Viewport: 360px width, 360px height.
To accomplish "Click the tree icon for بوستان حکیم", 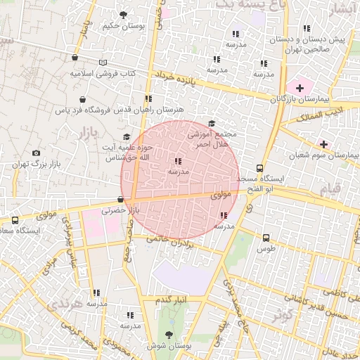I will point(124,13).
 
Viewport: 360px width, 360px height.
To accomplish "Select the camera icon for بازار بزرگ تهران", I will point(36,153).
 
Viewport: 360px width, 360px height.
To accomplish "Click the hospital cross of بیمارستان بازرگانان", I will point(300,88).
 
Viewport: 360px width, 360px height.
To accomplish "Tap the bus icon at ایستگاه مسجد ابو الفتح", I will point(260,168).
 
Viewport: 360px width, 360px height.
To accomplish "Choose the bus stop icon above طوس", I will point(266,238).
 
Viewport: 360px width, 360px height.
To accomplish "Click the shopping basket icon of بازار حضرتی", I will point(121,200).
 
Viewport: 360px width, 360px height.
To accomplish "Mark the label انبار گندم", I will point(173,300).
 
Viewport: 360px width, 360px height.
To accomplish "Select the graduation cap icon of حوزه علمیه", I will point(127,136).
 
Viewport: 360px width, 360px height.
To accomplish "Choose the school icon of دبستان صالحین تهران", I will point(307,29).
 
